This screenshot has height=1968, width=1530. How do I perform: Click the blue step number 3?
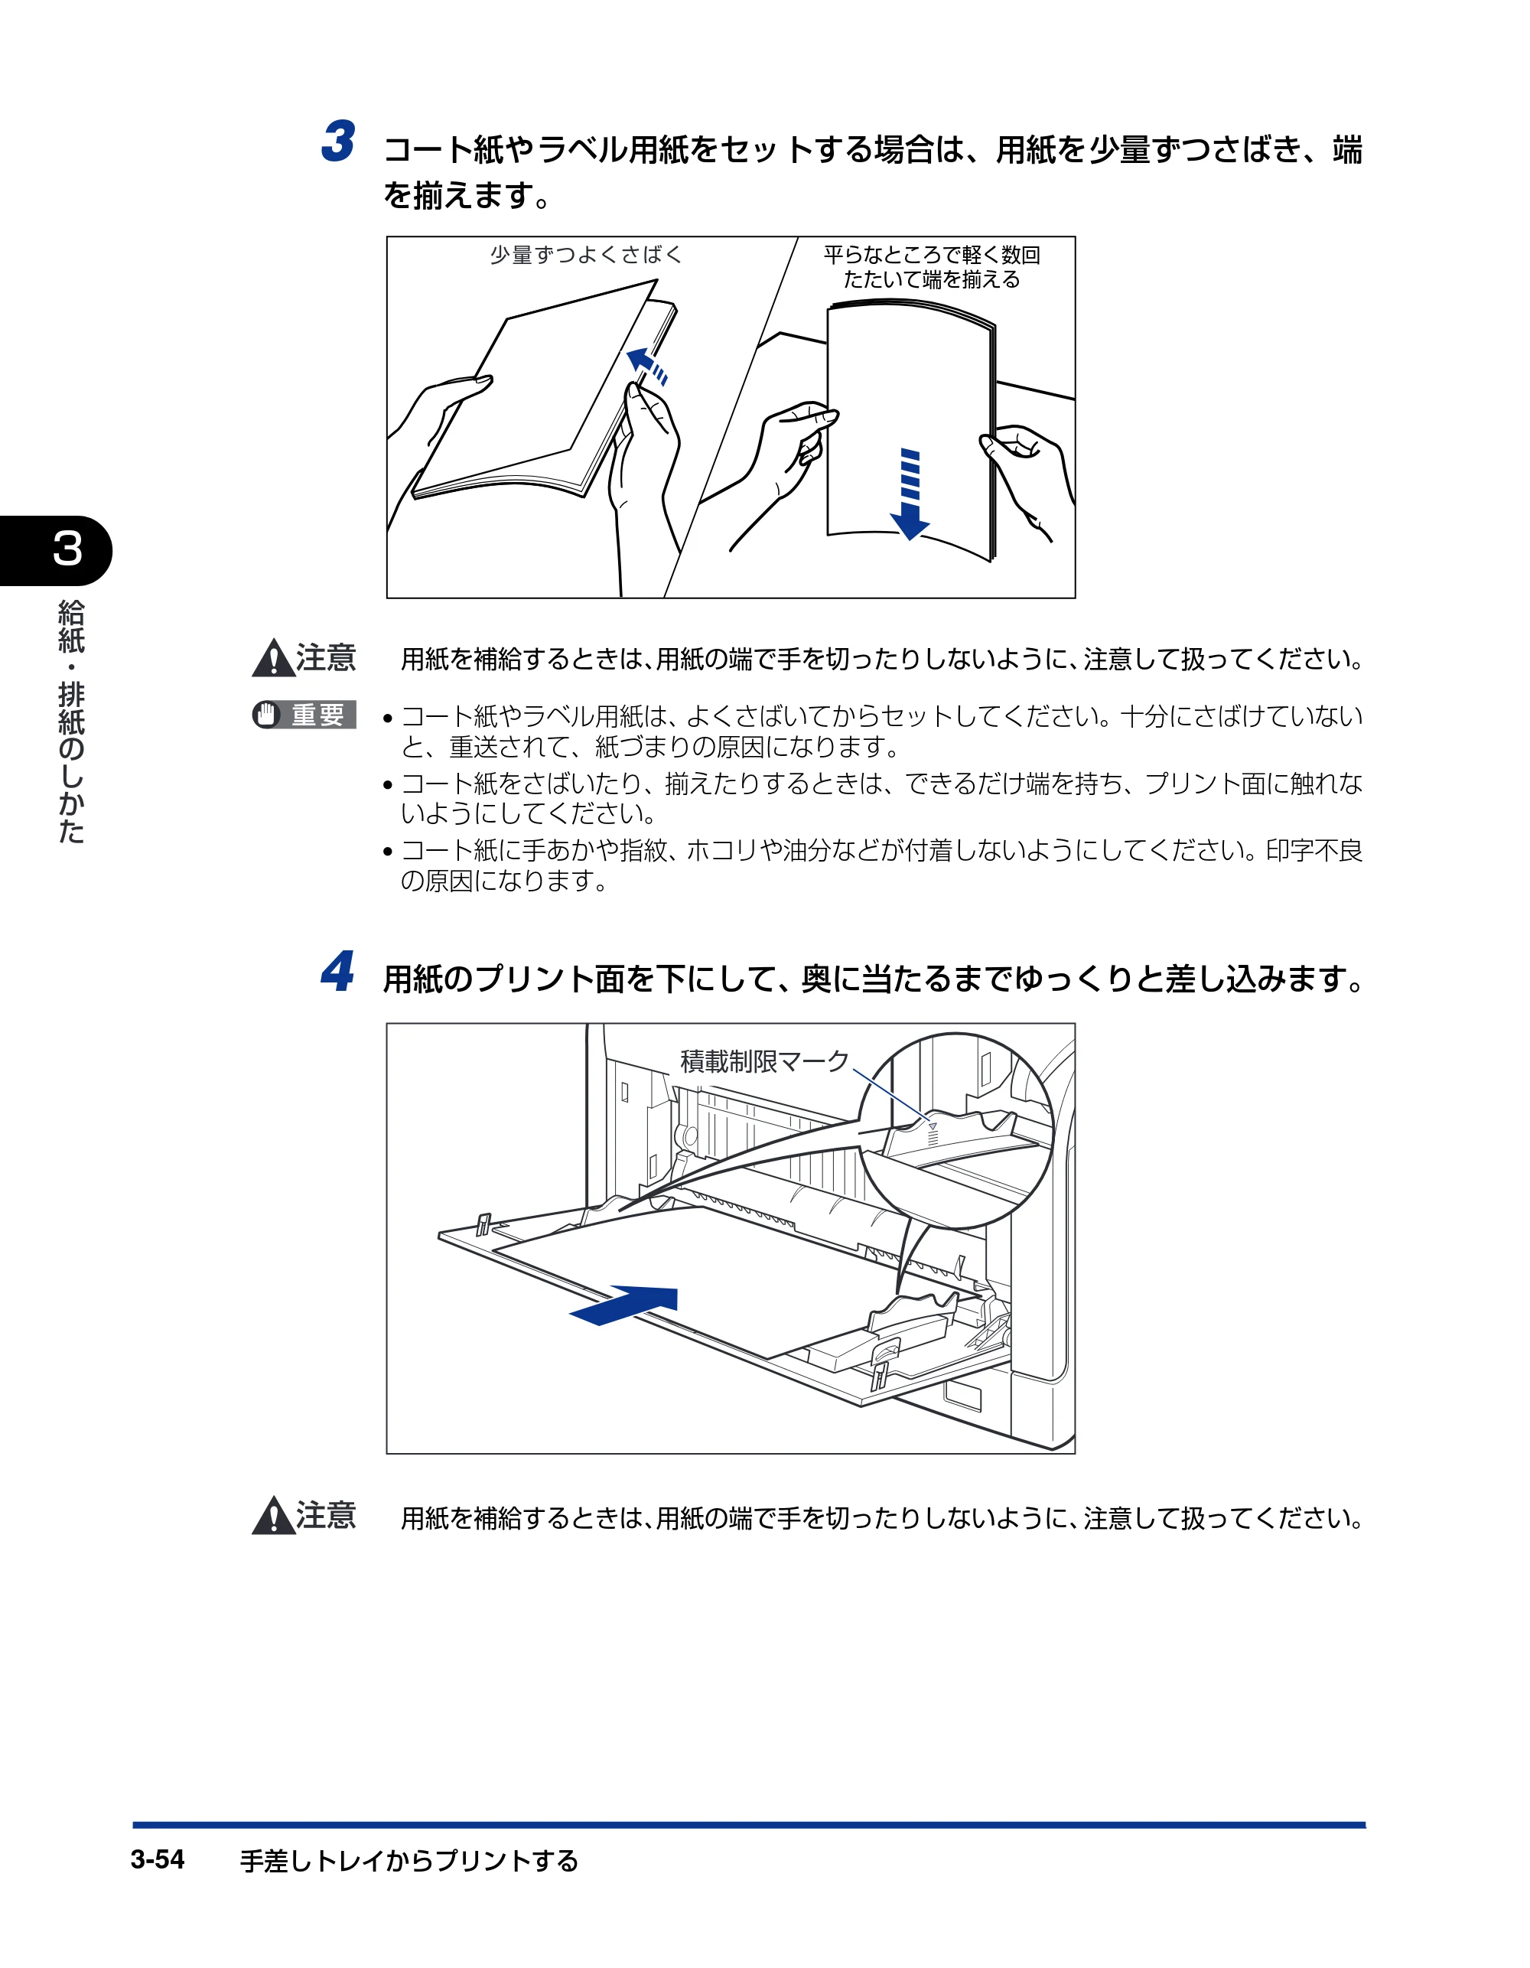[338, 142]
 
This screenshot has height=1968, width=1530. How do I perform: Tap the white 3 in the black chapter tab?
[67, 549]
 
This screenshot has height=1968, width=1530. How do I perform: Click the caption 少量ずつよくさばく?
[586, 255]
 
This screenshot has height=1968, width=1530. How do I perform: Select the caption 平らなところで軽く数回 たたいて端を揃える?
[932, 267]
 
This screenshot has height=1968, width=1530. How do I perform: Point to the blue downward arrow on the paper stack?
[910, 494]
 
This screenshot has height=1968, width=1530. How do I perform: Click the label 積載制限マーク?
[765, 1061]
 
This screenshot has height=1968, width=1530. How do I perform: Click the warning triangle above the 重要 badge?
[274, 658]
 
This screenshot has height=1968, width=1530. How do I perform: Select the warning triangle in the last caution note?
[274, 1516]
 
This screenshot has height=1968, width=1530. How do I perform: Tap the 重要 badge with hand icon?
[304, 715]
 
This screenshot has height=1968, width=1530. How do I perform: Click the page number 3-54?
[158, 1859]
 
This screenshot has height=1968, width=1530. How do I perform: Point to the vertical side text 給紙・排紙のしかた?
[70, 722]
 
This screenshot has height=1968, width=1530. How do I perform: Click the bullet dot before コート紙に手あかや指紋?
[387, 852]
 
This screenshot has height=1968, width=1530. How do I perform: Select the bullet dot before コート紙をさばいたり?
[387, 785]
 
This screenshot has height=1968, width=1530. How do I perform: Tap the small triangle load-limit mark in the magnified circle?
[933, 1126]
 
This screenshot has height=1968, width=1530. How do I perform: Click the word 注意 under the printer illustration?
[326, 1516]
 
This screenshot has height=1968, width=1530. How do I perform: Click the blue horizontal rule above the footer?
[749, 1825]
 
